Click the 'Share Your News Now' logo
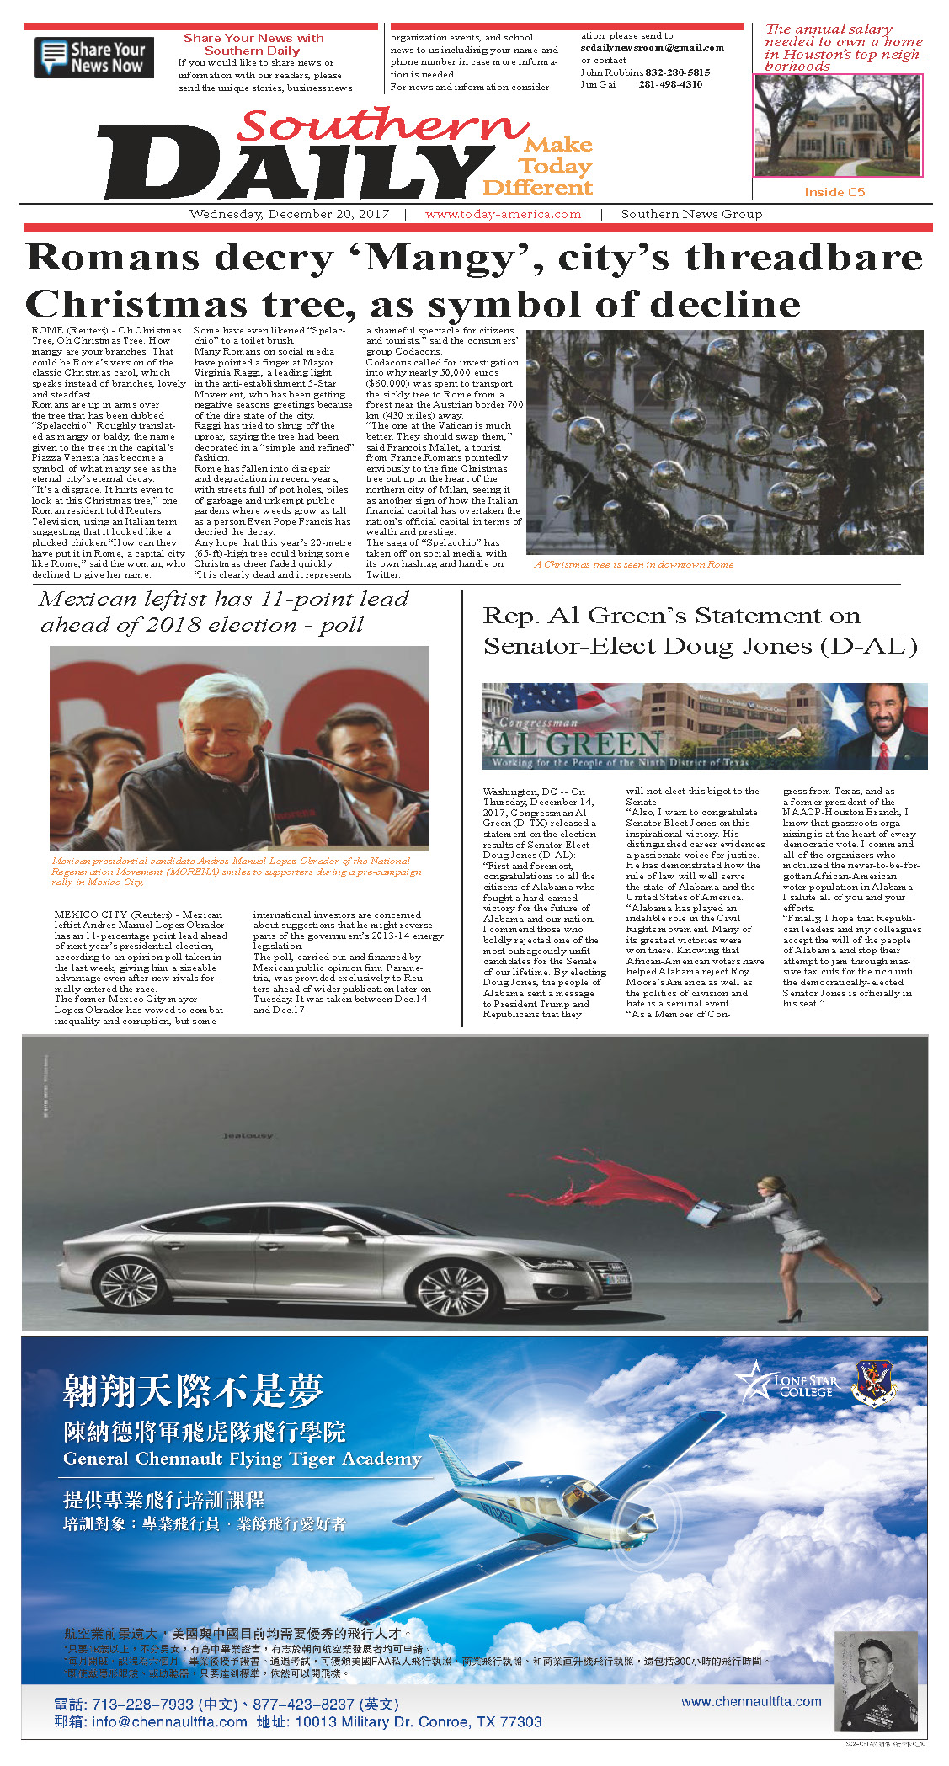click(x=93, y=58)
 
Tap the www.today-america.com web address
click(x=503, y=214)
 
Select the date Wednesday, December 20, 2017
click(x=289, y=214)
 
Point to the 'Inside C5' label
click(x=834, y=192)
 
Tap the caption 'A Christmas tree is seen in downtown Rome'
click(x=633, y=564)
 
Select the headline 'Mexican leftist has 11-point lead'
click(x=223, y=600)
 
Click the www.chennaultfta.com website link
click(x=751, y=1701)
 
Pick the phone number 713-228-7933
click(x=142, y=1704)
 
